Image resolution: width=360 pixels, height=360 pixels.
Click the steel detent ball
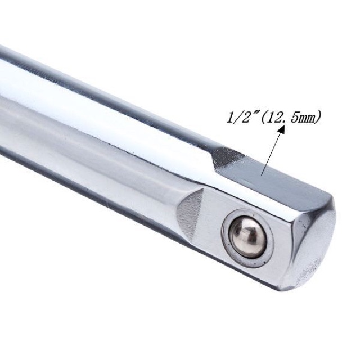pyautogui.click(x=248, y=237)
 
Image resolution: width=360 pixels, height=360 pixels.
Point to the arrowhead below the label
pyautogui.click(x=281, y=130)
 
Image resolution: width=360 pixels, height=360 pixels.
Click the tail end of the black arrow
pyautogui.click(x=262, y=175)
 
